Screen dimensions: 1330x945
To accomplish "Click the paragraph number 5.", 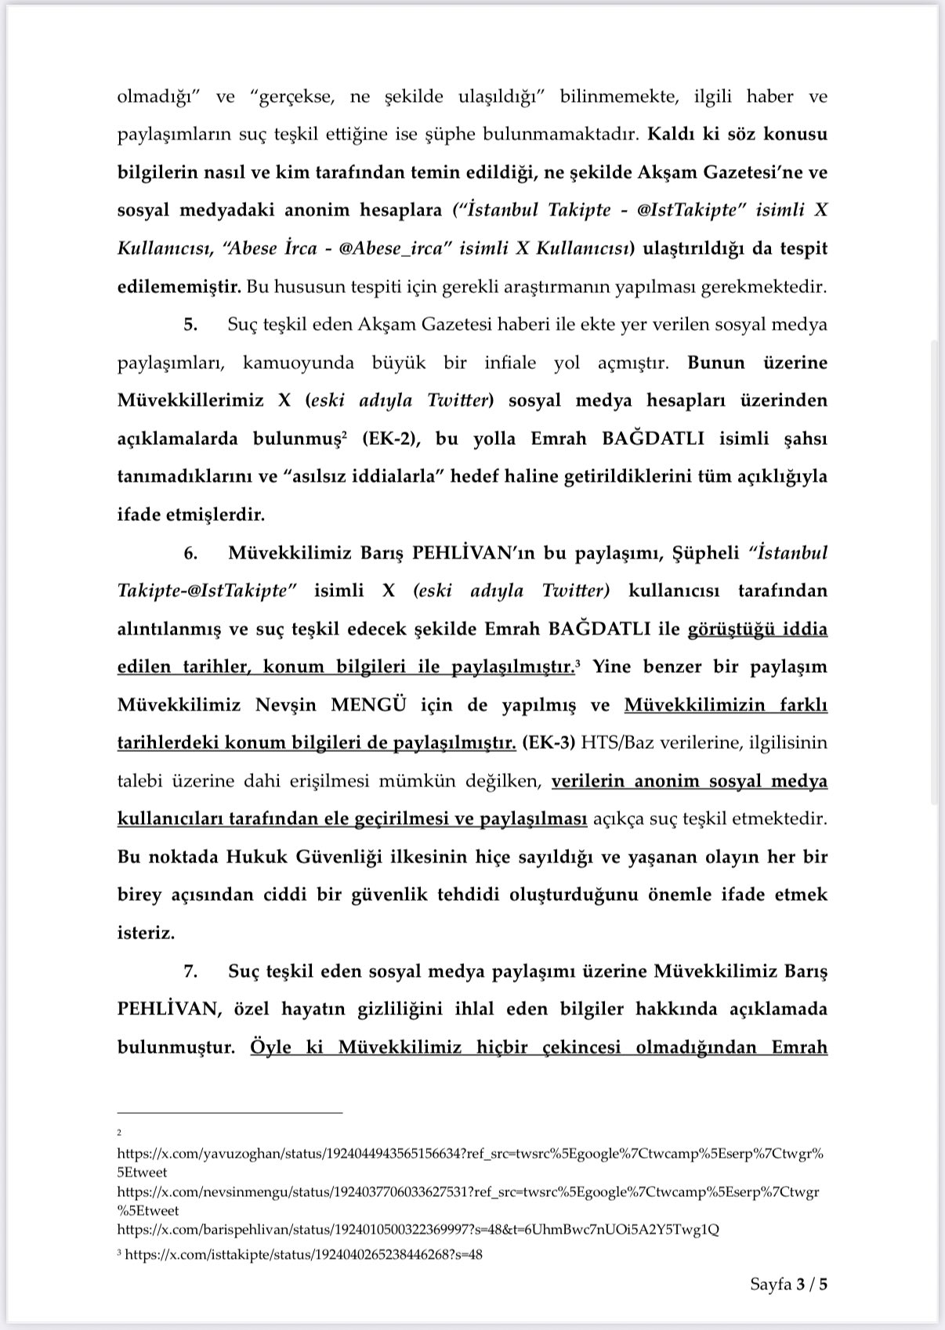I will [x=190, y=325].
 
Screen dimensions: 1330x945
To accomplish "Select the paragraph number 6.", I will [x=190, y=553].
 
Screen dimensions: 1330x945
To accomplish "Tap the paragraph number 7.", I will [x=190, y=971].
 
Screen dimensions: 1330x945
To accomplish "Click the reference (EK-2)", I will [x=392, y=439].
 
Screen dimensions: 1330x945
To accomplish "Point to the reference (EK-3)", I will [x=547, y=743].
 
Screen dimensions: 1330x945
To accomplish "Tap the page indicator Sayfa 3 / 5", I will [x=788, y=1285].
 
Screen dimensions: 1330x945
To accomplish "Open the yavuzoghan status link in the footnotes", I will [x=470, y=1154].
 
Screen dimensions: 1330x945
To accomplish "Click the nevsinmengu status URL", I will [x=468, y=1192].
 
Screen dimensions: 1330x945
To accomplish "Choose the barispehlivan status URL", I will [x=418, y=1230].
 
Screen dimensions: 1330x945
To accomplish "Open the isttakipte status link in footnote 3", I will [x=303, y=1255].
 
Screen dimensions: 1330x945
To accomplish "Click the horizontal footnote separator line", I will [x=230, y=1112].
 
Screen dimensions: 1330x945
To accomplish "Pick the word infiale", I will [x=510, y=363].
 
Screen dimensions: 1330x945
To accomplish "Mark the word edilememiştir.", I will [x=179, y=287].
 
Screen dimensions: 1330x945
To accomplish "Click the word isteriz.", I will [x=146, y=934].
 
